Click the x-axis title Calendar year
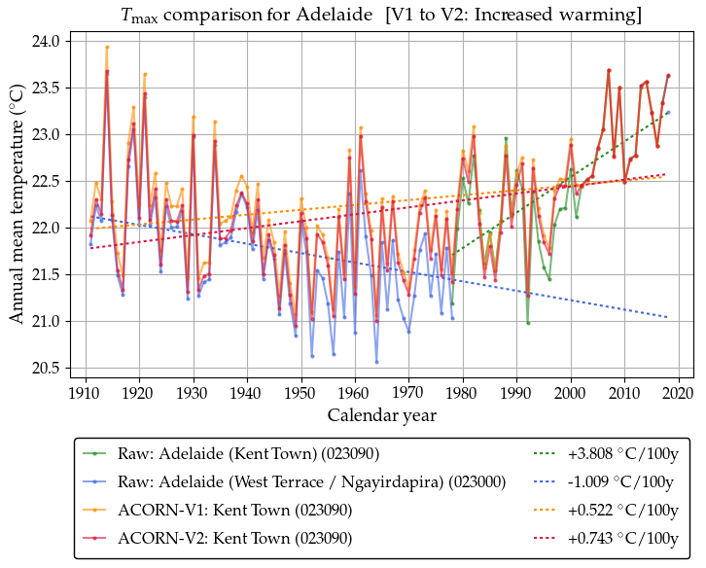coord(381,415)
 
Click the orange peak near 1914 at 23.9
coord(107,47)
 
